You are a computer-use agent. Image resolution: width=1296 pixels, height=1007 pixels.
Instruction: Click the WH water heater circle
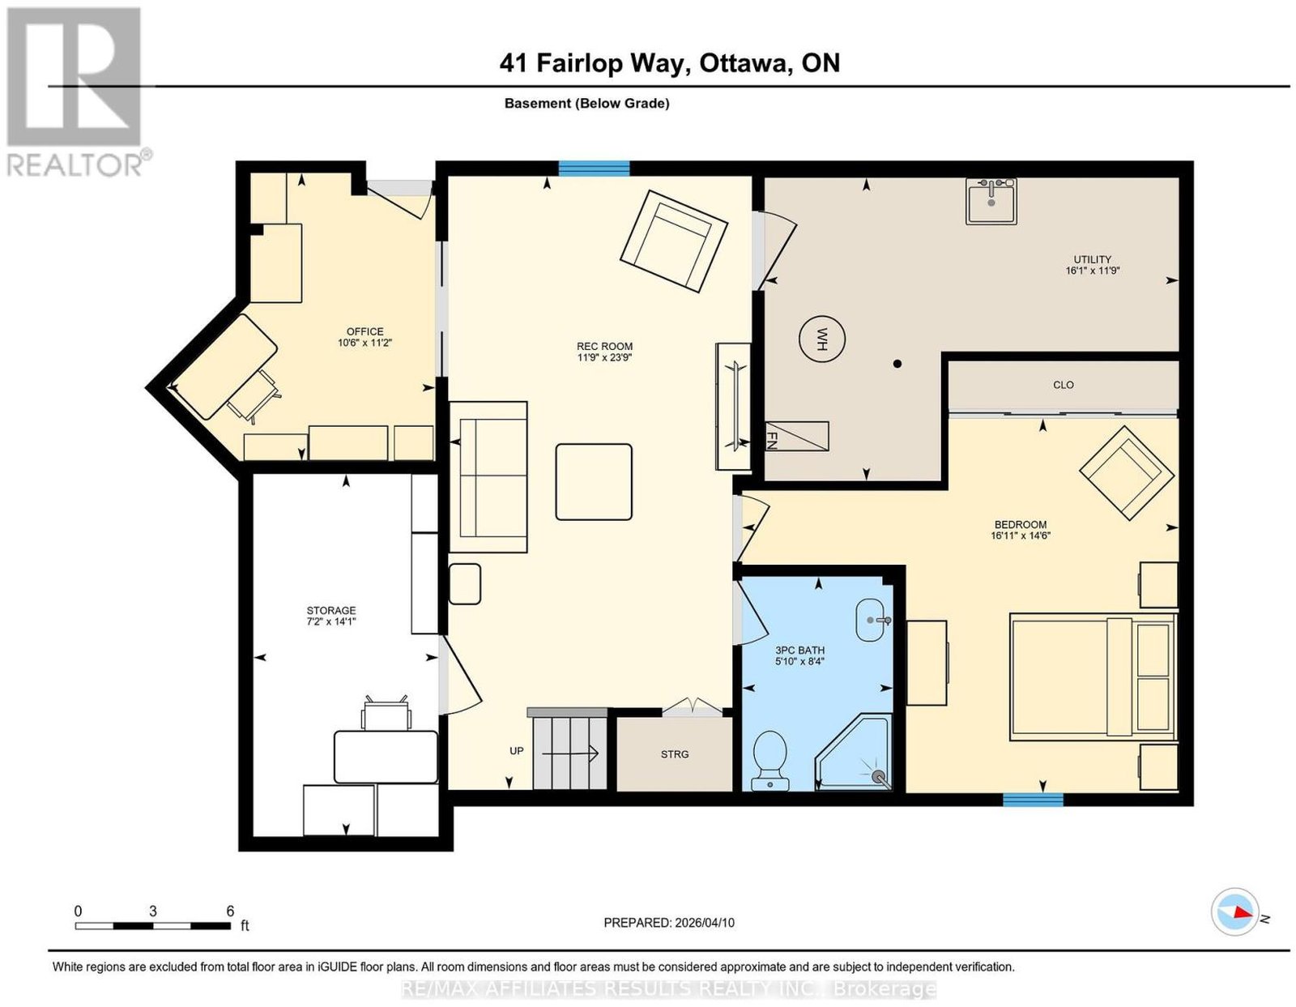click(822, 339)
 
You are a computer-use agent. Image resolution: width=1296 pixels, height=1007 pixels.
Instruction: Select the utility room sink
click(991, 202)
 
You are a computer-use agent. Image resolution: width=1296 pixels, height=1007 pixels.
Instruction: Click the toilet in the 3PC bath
click(770, 760)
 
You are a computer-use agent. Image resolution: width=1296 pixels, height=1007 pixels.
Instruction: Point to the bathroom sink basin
click(874, 620)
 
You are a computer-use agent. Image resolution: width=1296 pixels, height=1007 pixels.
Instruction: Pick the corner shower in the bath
click(854, 752)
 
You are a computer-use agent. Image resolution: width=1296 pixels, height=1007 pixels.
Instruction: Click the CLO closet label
click(1063, 385)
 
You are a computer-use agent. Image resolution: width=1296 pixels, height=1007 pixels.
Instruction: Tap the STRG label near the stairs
click(675, 754)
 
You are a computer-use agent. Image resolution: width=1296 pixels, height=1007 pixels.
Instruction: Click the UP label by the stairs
click(517, 751)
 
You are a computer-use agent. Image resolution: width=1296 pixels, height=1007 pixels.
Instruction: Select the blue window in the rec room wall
click(594, 169)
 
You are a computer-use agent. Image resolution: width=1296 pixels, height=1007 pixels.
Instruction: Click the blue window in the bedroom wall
click(1033, 799)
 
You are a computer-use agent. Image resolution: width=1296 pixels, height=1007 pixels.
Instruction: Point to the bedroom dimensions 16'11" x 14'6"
click(1021, 536)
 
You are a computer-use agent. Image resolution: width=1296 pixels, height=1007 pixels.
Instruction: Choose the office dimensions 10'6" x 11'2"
click(364, 343)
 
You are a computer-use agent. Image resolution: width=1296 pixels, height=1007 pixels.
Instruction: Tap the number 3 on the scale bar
click(153, 911)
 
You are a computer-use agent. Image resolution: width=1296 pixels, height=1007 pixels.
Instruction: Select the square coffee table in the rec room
click(594, 482)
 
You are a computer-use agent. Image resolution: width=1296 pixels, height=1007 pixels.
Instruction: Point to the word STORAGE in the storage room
click(331, 611)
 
